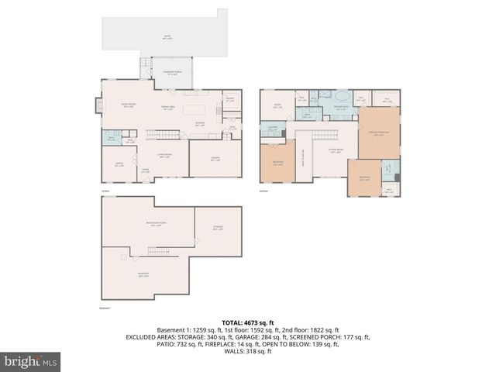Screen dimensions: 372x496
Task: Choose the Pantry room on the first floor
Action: click(229, 99)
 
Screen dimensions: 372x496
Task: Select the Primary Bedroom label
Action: click(379, 133)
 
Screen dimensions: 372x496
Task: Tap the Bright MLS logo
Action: click(30, 360)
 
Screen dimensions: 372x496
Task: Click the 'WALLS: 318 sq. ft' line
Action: click(247, 352)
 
